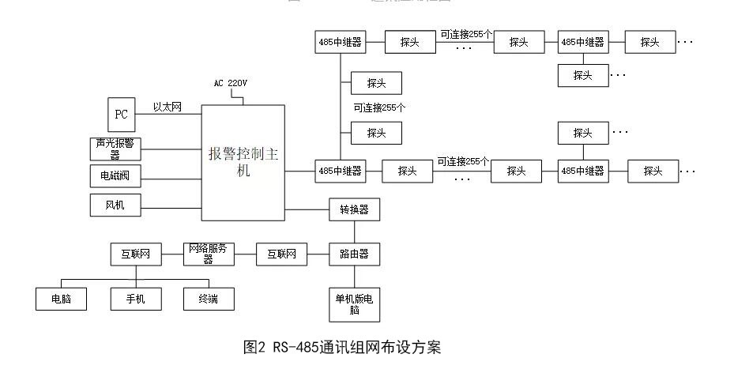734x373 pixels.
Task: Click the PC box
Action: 121,115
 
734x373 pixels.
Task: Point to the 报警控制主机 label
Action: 243,162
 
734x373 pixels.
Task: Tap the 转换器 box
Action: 354,210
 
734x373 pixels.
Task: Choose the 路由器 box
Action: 354,254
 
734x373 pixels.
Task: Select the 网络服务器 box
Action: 209,254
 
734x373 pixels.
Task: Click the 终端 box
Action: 209,299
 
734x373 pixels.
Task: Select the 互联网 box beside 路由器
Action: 281,254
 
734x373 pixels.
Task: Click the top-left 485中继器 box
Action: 341,43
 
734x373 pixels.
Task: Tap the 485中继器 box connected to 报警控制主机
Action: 341,170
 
